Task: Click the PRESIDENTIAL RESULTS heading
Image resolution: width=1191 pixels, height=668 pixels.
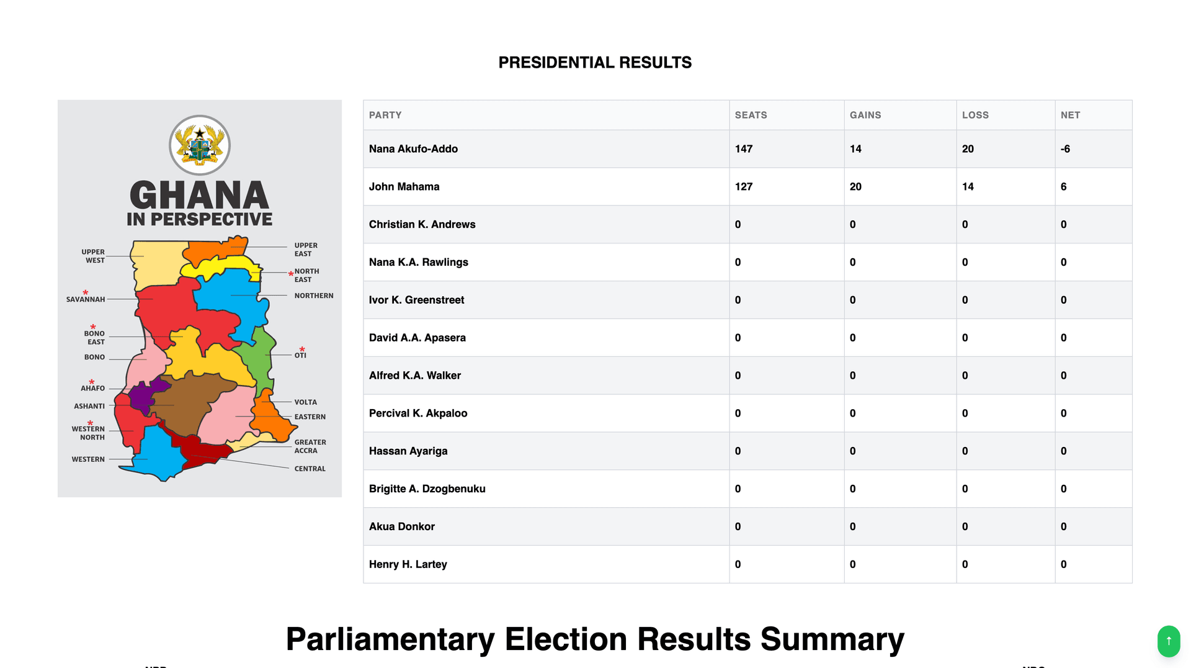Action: (595, 63)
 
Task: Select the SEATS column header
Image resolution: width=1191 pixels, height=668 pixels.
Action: (751, 115)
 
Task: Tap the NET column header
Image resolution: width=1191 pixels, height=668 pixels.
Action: (1070, 115)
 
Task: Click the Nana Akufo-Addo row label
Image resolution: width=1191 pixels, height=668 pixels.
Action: (413, 149)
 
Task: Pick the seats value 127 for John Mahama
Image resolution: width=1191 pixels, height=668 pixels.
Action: (743, 187)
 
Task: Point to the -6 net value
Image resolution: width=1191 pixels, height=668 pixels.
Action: (1065, 149)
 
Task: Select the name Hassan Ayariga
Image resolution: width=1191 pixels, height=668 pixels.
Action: (408, 451)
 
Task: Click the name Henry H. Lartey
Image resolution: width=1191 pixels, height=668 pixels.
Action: (408, 564)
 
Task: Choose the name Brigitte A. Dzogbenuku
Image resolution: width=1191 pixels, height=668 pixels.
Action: (427, 489)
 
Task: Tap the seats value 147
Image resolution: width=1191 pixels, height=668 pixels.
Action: (743, 149)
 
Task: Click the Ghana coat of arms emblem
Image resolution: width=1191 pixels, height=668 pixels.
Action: (200, 145)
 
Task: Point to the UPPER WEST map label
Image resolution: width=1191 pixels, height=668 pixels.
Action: (94, 256)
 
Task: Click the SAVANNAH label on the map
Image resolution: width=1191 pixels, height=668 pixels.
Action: (86, 299)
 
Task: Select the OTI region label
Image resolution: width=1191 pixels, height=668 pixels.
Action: (300, 355)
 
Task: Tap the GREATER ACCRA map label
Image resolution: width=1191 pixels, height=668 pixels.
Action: (310, 446)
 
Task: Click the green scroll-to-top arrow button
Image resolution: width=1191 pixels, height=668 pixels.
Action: (1168, 641)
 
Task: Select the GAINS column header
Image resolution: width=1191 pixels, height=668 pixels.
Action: (865, 115)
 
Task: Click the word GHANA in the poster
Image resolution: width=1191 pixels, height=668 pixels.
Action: (199, 196)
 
